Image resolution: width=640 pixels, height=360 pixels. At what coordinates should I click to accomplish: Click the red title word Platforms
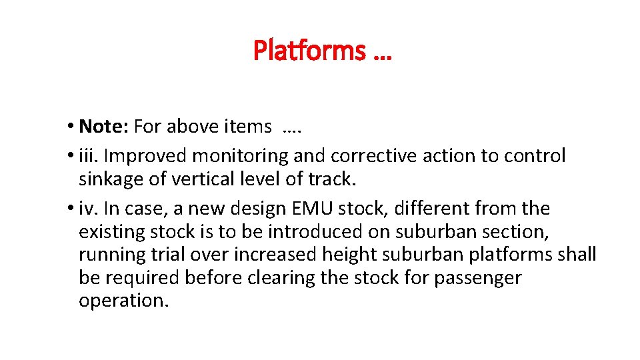[309, 50]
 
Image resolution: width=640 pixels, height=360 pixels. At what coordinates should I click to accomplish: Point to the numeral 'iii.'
[89, 156]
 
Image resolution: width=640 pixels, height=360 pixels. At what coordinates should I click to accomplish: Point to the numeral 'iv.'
[88, 209]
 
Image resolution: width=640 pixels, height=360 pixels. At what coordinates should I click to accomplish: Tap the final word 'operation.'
[124, 300]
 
